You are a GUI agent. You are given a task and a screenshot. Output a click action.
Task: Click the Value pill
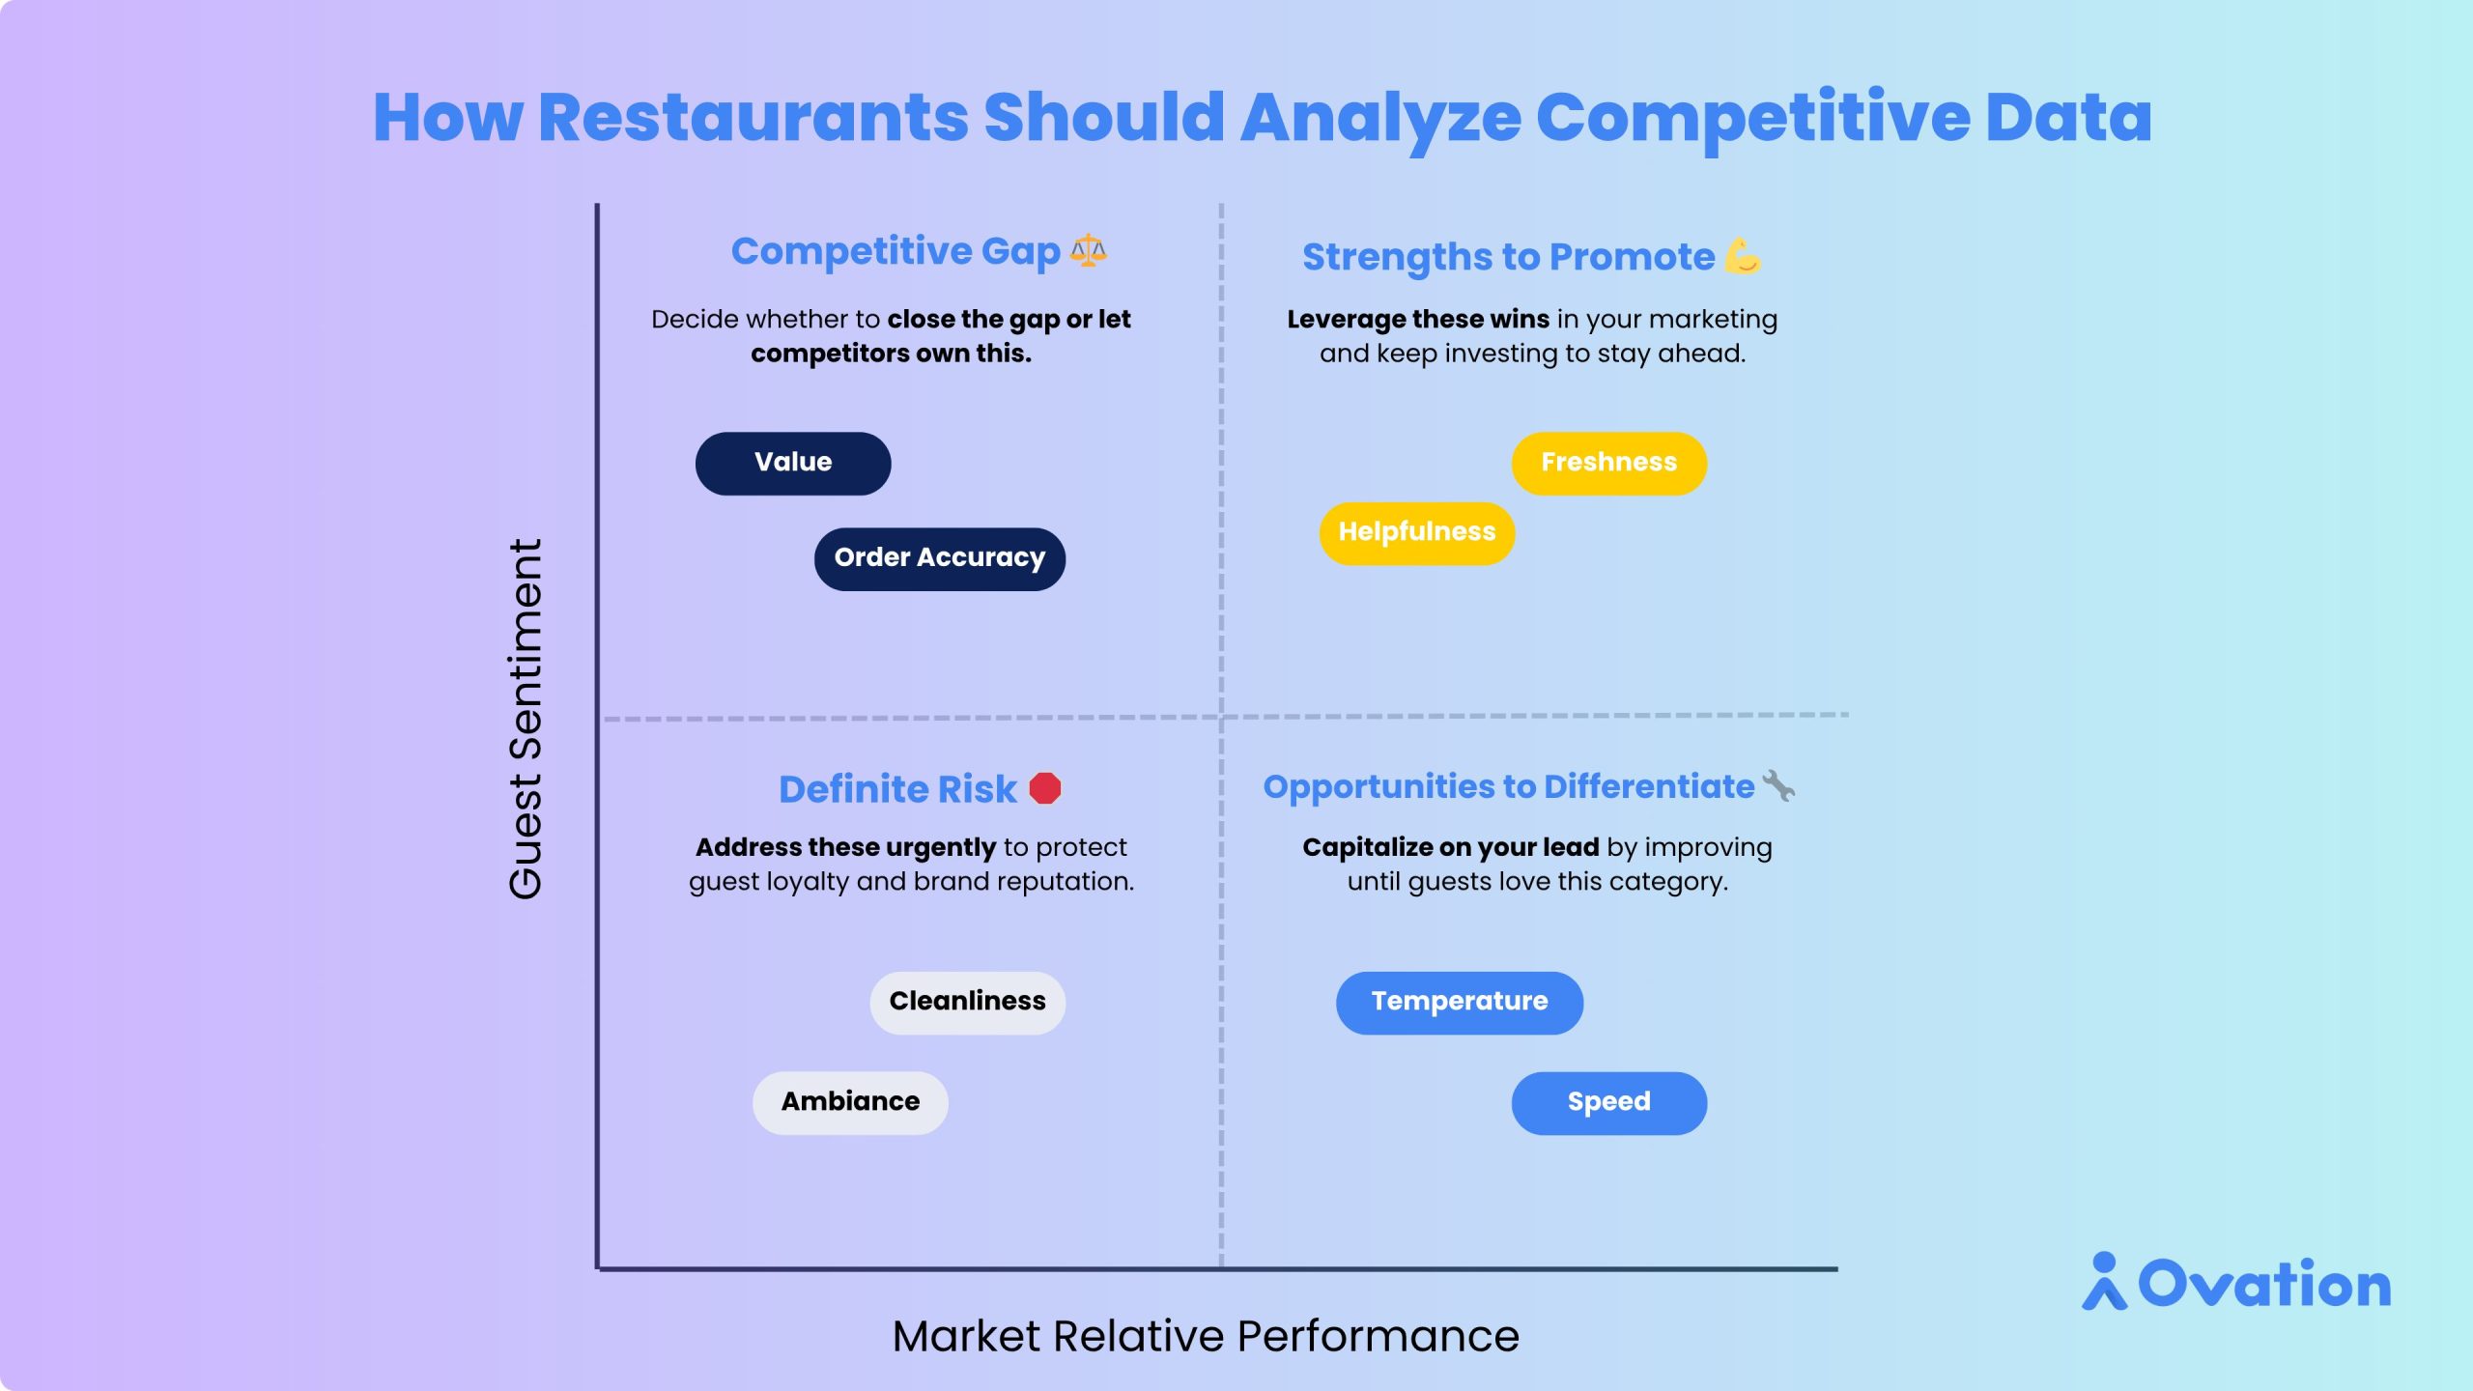793,463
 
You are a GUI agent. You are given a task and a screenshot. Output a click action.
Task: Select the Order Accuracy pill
940,558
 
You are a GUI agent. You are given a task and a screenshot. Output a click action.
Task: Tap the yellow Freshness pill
1609,463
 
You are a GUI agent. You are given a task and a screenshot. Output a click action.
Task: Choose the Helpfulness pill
1417,532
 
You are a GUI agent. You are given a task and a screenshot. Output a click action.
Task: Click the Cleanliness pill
968,1003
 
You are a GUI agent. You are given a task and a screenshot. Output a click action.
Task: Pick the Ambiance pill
850,1102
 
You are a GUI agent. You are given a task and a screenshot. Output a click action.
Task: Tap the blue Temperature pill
1460,1003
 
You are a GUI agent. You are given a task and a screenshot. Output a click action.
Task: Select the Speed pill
1609,1102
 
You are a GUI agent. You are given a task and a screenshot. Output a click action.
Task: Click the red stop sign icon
1045,788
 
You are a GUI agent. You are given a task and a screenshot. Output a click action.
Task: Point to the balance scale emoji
1089,250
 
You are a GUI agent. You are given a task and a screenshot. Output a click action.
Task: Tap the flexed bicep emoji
1743,256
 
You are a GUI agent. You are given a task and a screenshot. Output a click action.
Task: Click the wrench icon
1778,785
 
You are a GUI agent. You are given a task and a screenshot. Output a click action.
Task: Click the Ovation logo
2236,1282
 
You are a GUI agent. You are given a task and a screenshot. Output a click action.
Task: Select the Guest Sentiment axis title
526,719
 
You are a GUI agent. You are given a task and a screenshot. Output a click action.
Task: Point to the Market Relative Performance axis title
1206,1337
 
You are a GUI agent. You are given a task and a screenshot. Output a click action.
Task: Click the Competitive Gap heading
895,252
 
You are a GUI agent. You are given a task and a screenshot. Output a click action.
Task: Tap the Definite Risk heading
897,789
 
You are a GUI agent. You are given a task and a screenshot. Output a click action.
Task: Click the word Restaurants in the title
753,117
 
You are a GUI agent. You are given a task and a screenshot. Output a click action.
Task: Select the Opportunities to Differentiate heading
1509,787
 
